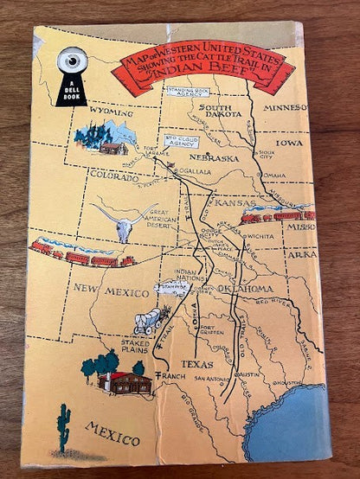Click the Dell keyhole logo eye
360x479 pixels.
71,62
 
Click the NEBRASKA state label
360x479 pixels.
215,159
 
